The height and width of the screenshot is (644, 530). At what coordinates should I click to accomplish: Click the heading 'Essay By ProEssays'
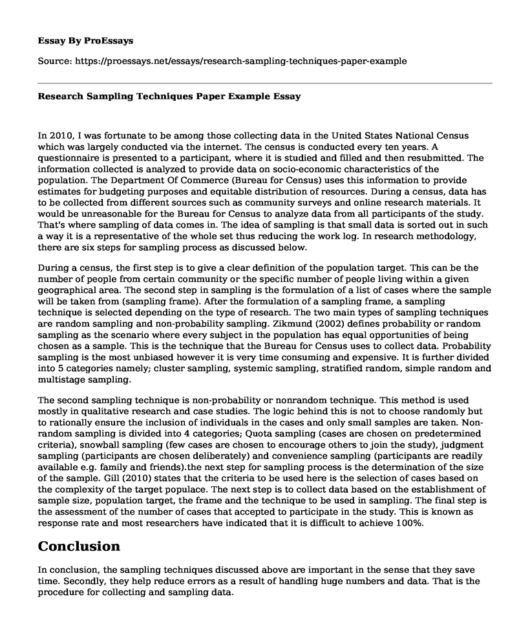(x=86, y=40)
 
